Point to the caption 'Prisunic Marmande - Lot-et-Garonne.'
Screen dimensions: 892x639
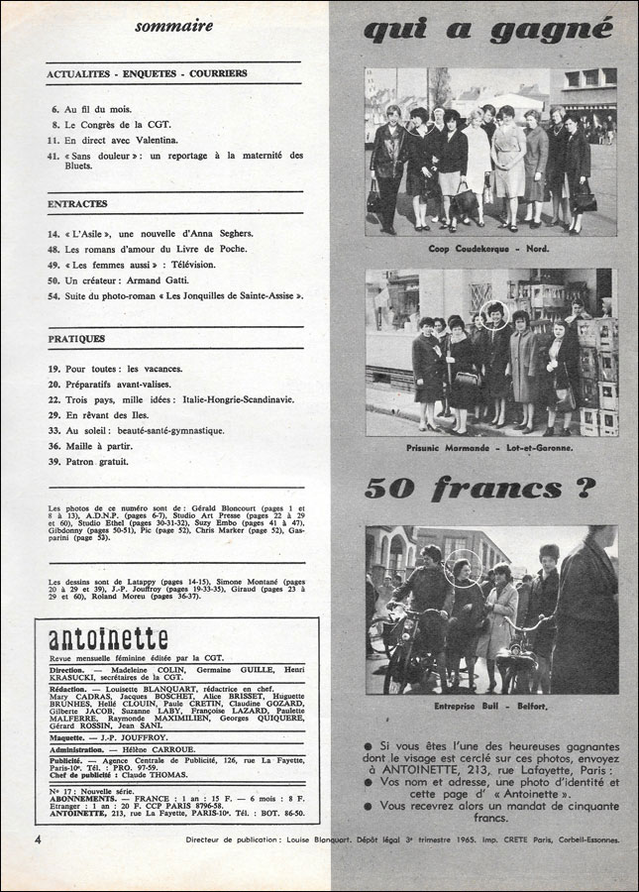[490, 448]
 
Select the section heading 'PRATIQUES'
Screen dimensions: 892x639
[76, 339]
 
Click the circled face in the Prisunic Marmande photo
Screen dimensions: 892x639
[495, 316]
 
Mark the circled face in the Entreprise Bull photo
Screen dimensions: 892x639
[462, 568]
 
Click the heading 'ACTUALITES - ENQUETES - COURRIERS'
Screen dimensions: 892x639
[147, 73]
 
